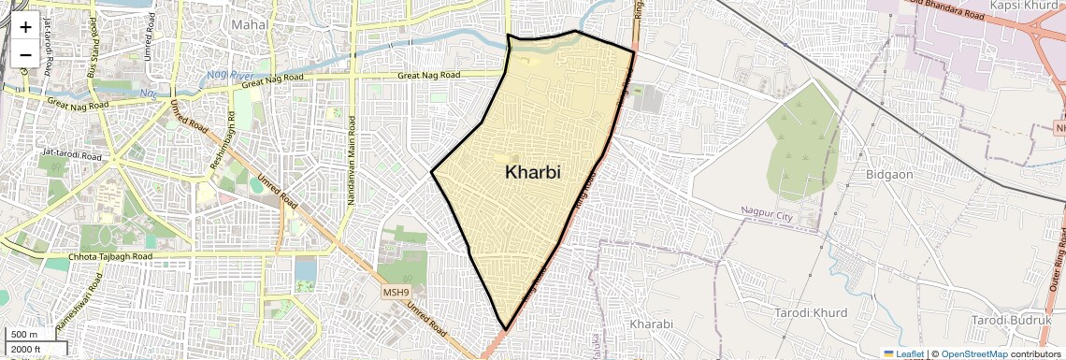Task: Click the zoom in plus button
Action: click(x=25, y=27)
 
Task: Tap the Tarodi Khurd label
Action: click(x=811, y=311)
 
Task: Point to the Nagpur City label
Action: click(x=767, y=214)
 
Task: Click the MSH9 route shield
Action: click(x=396, y=292)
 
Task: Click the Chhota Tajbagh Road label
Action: click(x=110, y=256)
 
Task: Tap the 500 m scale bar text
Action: click(x=25, y=335)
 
